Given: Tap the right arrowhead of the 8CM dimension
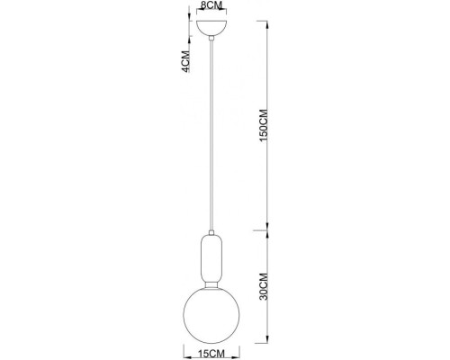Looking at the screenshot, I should coord(225,12).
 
